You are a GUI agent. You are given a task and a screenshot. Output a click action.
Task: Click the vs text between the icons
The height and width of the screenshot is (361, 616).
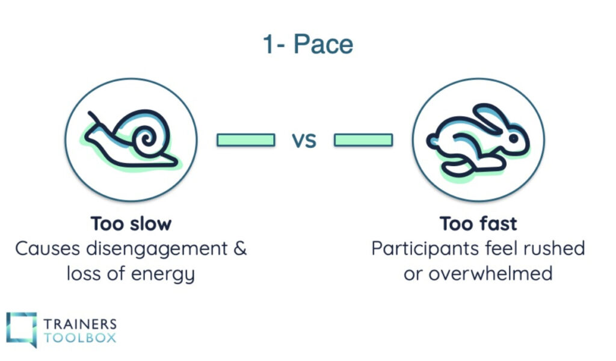coord(304,140)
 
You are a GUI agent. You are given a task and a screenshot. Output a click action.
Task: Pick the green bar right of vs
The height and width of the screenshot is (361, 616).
coord(363,140)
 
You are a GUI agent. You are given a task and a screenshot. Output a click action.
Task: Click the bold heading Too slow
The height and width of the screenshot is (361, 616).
coord(131,224)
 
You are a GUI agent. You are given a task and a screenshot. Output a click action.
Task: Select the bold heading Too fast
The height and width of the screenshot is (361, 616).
coord(478,224)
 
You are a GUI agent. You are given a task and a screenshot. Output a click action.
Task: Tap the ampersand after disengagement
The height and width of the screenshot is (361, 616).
coord(240,249)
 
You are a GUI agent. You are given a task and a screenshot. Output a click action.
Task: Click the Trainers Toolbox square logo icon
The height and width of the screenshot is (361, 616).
coord(21,329)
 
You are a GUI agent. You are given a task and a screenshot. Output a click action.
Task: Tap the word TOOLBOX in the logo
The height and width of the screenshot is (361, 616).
coord(79,337)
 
